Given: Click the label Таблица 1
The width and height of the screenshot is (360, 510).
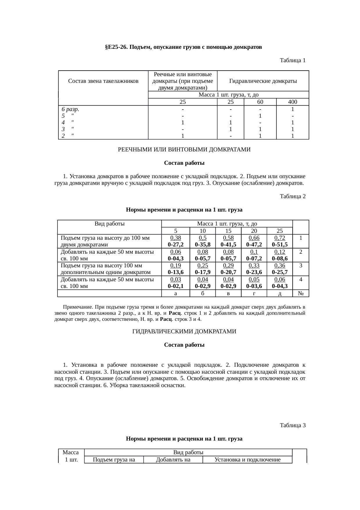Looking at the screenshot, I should point(292,60).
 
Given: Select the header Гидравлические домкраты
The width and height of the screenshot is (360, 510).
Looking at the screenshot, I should point(263,81).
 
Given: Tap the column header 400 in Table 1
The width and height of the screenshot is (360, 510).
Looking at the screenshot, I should point(292,102).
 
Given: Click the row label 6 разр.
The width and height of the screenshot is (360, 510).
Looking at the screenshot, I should point(70,110).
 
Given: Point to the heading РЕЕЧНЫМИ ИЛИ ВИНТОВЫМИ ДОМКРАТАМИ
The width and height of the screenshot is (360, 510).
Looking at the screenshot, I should point(184,150).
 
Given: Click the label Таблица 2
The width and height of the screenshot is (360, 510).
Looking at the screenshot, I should point(292,196).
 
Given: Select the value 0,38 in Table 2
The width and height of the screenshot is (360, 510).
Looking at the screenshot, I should point(175,238).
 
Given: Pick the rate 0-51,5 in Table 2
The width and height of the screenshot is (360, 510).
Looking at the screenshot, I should point(280,245).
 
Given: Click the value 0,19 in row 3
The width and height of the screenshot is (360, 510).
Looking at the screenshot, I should point(175,266).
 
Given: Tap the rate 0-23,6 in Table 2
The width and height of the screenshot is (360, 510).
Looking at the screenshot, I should point(254,272).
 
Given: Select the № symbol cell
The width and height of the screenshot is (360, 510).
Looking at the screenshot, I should point(301,294).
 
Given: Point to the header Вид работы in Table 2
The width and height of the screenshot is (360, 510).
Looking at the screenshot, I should point(109,224).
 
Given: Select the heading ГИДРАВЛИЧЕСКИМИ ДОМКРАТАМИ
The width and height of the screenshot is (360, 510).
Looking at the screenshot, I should point(184,332).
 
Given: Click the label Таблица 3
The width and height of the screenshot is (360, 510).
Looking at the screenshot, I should point(292,425).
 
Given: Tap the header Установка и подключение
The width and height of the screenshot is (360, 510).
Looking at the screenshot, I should point(247,460).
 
